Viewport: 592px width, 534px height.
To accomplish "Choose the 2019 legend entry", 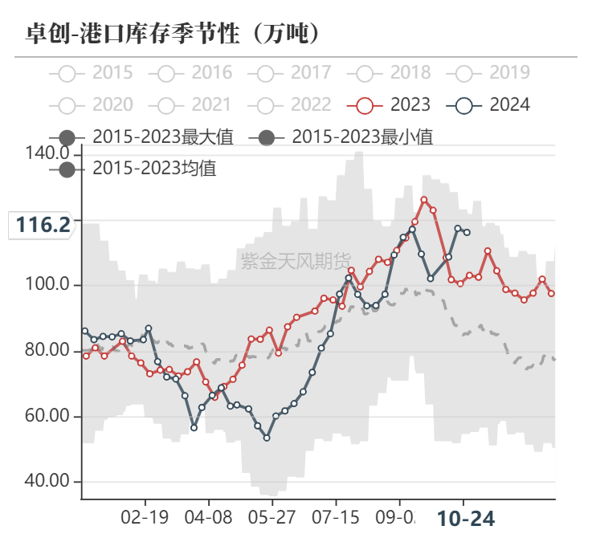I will point(492,73).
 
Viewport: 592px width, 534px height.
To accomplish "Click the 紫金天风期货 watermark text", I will point(296,260).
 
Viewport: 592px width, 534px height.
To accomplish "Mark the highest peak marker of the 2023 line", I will point(424,200).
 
